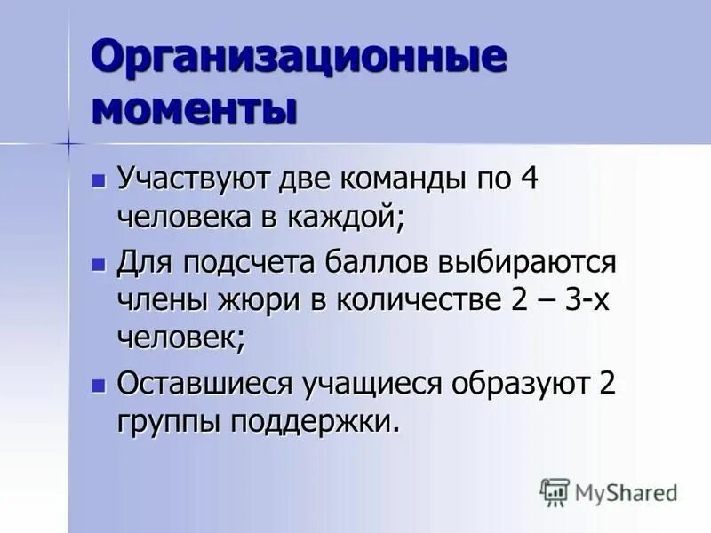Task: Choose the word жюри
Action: pos(260,300)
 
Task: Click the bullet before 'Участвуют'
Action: pos(99,181)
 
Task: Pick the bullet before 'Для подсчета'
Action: pos(99,265)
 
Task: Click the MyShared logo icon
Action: pos(555,492)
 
